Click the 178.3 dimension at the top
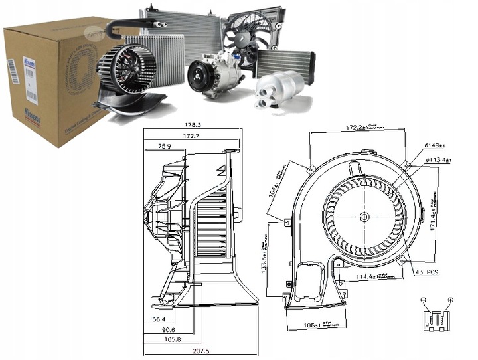point(193,124)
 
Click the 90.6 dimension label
point(169,329)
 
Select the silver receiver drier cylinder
point(281,88)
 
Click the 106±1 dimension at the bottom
point(310,326)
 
